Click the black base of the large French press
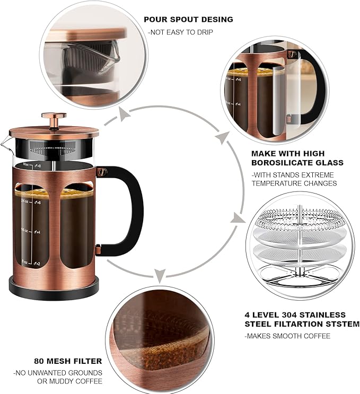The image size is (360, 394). pyautogui.click(x=54, y=289)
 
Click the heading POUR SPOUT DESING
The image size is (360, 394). pyautogui.click(x=188, y=20)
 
